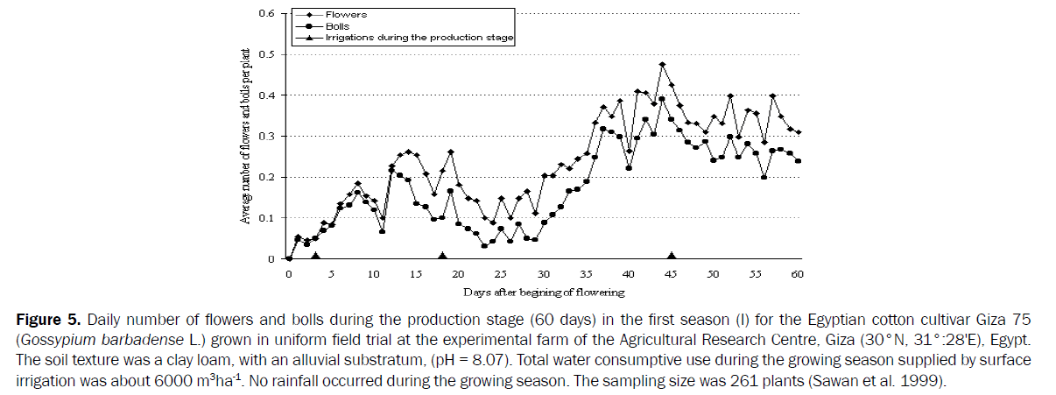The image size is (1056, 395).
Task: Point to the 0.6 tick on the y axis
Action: coord(268,14)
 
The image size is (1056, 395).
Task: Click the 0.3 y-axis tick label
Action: coord(268,137)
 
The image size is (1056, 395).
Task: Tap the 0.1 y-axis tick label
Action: coord(268,218)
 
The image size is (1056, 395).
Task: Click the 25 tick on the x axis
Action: coord(501,274)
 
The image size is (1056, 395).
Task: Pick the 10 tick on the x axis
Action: coord(373,274)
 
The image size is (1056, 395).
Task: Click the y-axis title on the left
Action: coord(247,136)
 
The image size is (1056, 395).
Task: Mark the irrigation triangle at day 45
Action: coord(672,256)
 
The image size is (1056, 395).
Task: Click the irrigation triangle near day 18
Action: coord(442,256)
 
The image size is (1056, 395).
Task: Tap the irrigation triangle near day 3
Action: coord(314,256)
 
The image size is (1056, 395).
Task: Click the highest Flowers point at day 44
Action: coord(663,65)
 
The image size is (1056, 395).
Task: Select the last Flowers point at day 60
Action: coord(799,132)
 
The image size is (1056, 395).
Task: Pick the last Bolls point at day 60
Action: coord(799,161)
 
